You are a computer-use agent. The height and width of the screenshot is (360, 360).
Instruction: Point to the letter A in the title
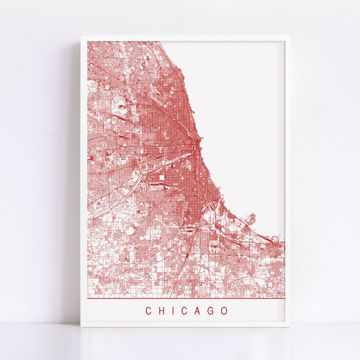[197, 311]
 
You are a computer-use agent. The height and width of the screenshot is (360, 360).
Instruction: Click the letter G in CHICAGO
[211, 311]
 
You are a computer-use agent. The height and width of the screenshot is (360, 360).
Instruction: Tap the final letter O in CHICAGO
[224, 311]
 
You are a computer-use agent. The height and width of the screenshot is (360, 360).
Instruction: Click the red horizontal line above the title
[186, 298]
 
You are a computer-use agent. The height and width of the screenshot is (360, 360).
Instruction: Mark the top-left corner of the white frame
[81, 36]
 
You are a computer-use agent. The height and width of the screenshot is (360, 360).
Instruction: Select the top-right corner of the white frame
[289, 36]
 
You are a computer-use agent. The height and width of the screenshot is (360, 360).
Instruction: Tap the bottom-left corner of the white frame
[81, 326]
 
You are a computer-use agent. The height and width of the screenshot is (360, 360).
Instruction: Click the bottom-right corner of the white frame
[289, 326]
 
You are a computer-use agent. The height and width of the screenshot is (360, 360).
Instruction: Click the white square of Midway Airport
[162, 178]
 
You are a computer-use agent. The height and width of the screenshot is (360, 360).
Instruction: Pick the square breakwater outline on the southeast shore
[276, 238]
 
